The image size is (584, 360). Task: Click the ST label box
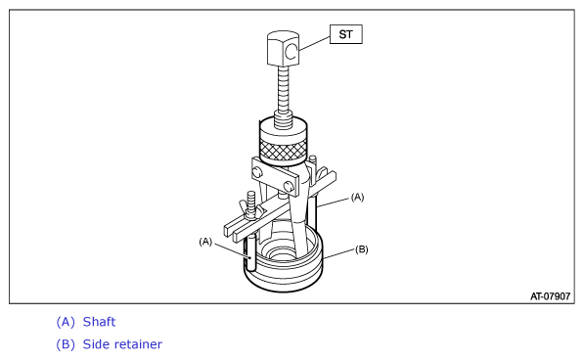[x=346, y=34]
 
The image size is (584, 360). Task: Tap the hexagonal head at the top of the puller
[x=283, y=48]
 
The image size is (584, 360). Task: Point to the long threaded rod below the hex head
[x=284, y=90]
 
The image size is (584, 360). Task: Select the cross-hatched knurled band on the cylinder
[x=284, y=150]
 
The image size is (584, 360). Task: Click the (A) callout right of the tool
[x=358, y=197]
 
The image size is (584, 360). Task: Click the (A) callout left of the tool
[x=205, y=242]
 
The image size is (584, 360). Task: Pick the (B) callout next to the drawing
[x=362, y=249]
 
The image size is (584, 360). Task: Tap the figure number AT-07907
[x=550, y=296]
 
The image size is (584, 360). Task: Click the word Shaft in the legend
[x=99, y=322]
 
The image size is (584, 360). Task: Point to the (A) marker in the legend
[x=66, y=322]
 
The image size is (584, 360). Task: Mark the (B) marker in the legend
[x=66, y=344]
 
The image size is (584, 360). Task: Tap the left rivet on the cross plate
[x=256, y=172]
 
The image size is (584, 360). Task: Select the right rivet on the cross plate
[x=288, y=186]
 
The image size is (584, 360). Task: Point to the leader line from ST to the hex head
[x=314, y=43]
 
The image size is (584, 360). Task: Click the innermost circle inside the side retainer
[x=282, y=255]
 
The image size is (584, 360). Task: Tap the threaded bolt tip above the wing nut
[x=251, y=199]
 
